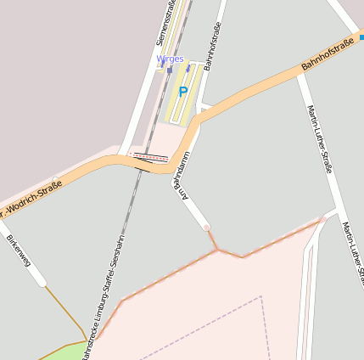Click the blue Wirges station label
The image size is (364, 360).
pyautogui.click(x=170, y=59)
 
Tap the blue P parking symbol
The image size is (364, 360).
pyautogui.click(x=182, y=92)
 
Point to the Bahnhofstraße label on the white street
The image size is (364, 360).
pyautogui.click(x=210, y=51)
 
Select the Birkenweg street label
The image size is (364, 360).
pyautogui.click(x=18, y=250)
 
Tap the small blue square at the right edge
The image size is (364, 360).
pyautogui.click(x=361, y=37)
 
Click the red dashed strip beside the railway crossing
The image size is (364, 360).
pyautogui.click(x=151, y=156)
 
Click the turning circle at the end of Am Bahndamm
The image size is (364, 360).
pyautogui.click(x=206, y=228)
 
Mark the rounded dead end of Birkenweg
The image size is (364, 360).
pyautogui.click(x=42, y=282)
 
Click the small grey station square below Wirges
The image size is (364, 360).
pyautogui.click(x=169, y=70)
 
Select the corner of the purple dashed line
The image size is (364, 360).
pyautogui.click(x=260, y=297)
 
